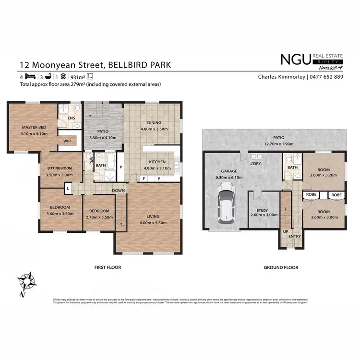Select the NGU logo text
(295, 59)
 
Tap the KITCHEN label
(157, 162)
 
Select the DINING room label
(154, 122)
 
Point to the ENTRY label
(295, 236)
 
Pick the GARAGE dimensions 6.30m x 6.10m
(229, 177)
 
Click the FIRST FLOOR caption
(108, 267)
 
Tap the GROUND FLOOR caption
(281, 267)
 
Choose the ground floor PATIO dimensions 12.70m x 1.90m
(276, 143)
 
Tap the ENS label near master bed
(71, 118)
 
